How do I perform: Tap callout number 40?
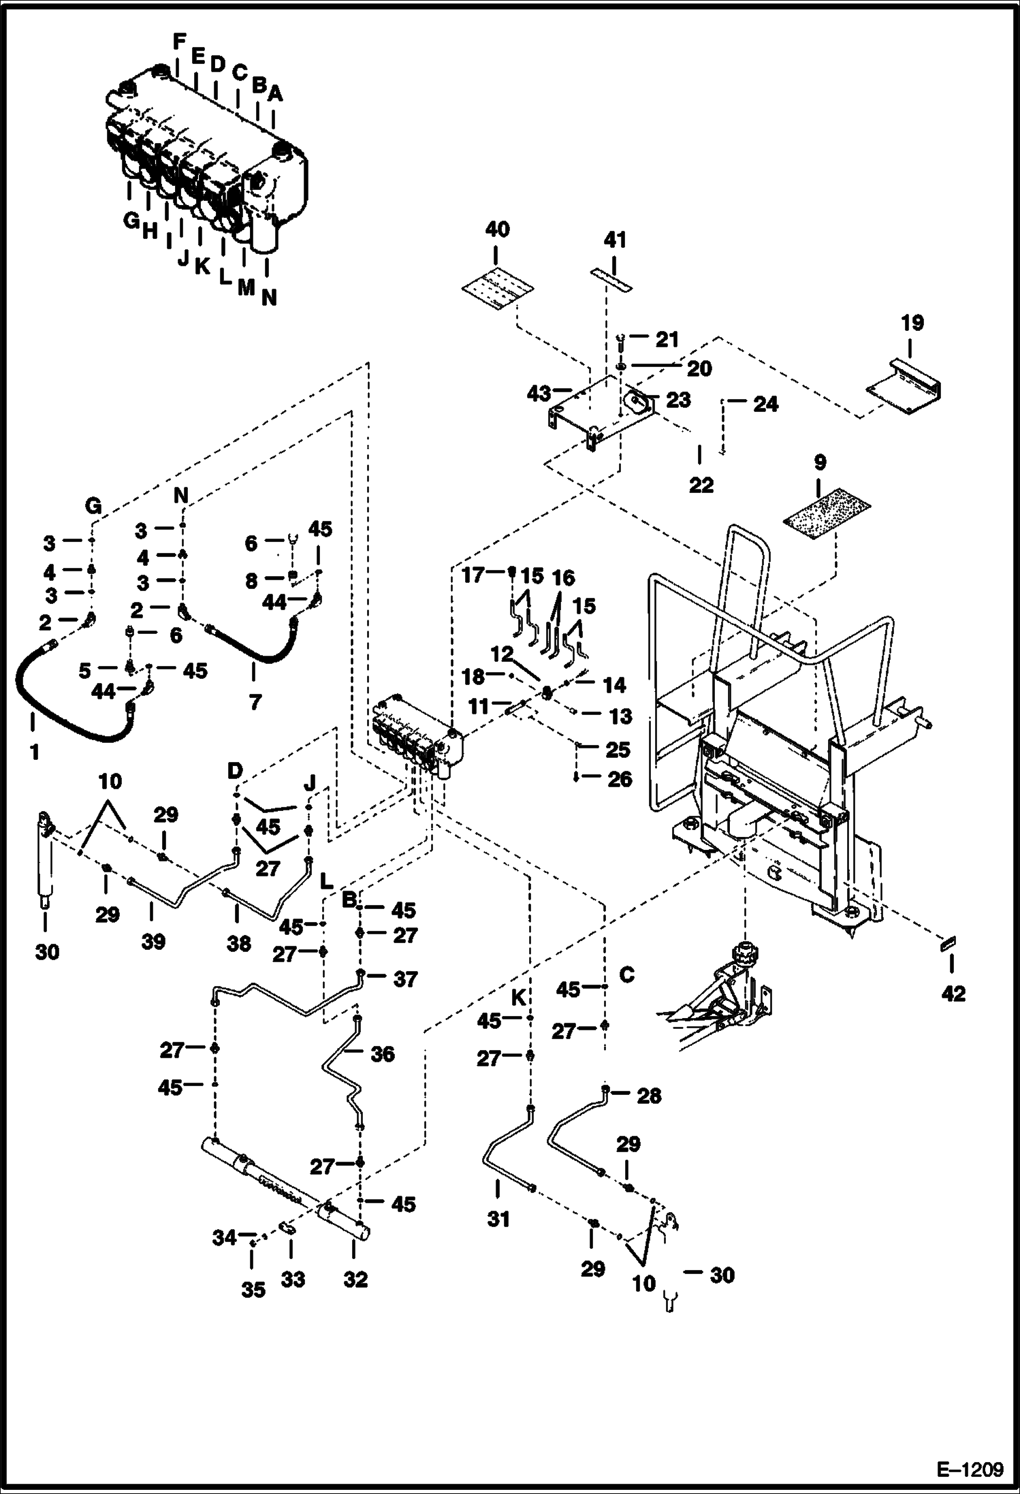coord(497,229)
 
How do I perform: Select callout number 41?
coord(615,240)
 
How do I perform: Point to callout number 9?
coord(820,463)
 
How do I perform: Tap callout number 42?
coord(953,994)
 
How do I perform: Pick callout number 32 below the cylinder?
coord(355,1279)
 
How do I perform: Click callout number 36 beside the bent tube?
coord(383,1054)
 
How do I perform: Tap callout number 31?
coord(498,1218)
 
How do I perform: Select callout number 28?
coord(649,1096)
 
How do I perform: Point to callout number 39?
coord(153,942)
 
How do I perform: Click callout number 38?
coord(239,943)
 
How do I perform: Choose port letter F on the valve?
coord(179,42)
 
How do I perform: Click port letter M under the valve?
coord(246,287)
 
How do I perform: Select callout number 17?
coord(473,575)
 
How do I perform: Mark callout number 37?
coord(405,979)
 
